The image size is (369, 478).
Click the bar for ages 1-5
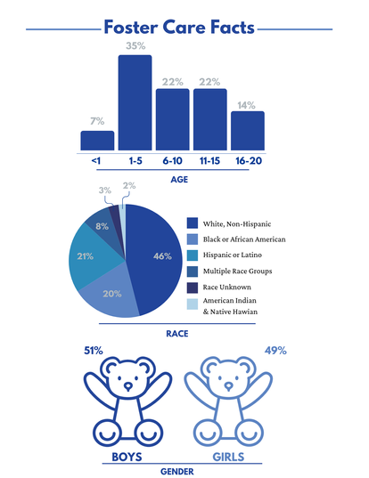click(x=135, y=102)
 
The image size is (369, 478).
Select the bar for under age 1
click(x=97, y=141)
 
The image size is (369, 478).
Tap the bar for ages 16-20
click(x=248, y=131)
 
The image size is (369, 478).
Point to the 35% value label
click(x=135, y=46)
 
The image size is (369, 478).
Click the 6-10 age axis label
click(x=172, y=160)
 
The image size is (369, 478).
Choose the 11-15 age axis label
click(x=209, y=160)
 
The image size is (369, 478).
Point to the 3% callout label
click(x=105, y=190)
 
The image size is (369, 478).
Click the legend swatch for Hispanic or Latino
click(x=193, y=255)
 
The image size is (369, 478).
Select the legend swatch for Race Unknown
click(x=193, y=288)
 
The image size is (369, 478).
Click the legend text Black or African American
click(x=244, y=239)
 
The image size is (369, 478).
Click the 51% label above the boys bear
click(x=94, y=351)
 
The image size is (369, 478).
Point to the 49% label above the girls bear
click(x=275, y=351)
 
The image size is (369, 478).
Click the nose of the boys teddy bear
click(x=128, y=386)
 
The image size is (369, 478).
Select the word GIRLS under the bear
click(x=228, y=457)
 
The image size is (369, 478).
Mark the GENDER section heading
click(x=177, y=472)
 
